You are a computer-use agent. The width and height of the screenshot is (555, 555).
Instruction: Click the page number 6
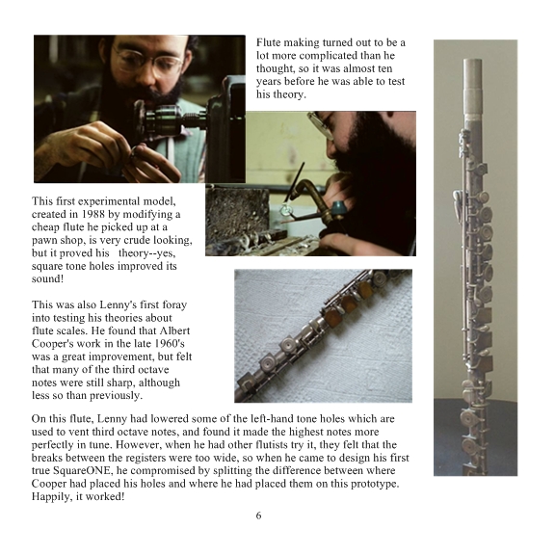tap(259, 515)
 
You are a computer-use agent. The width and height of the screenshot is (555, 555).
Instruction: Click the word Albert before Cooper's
tap(174, 330)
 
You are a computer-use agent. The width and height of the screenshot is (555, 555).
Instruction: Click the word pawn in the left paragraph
tap(42, 241)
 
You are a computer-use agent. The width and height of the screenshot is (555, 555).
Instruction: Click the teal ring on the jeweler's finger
tap(339, 207)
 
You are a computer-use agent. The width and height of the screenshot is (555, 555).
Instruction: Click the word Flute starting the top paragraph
tap(268, 42)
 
